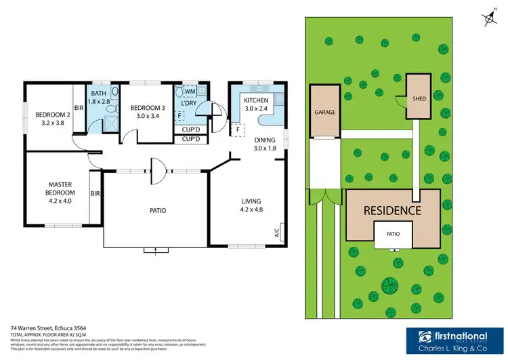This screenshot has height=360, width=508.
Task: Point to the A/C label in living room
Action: click(276, 234)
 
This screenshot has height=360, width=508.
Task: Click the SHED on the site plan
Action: click(419, 99)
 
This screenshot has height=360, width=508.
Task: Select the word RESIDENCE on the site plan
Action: click(392, 210)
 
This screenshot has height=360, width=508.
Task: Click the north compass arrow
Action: click(488, 20)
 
